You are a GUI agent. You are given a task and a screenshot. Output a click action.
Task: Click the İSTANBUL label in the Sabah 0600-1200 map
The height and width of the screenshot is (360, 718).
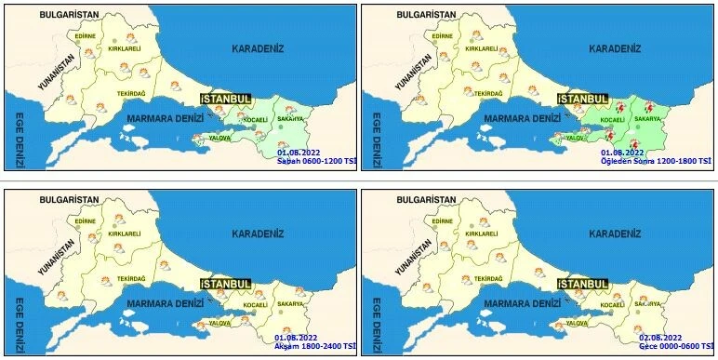click(x=226, y=98)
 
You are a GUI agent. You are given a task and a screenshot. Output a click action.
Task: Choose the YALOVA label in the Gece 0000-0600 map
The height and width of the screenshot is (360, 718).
click(x=577, y=323)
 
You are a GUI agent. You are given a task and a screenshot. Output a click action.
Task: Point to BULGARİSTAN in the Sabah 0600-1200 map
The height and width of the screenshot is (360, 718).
click(x=50, y=16)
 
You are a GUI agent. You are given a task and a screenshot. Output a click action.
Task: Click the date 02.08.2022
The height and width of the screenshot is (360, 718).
click(x=660, y=337)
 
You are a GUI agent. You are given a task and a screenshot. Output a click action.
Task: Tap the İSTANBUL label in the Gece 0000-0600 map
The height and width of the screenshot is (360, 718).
click(x=583, y=283)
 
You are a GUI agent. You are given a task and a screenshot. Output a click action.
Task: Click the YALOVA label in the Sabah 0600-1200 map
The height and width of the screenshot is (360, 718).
click(x=220, y=137)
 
